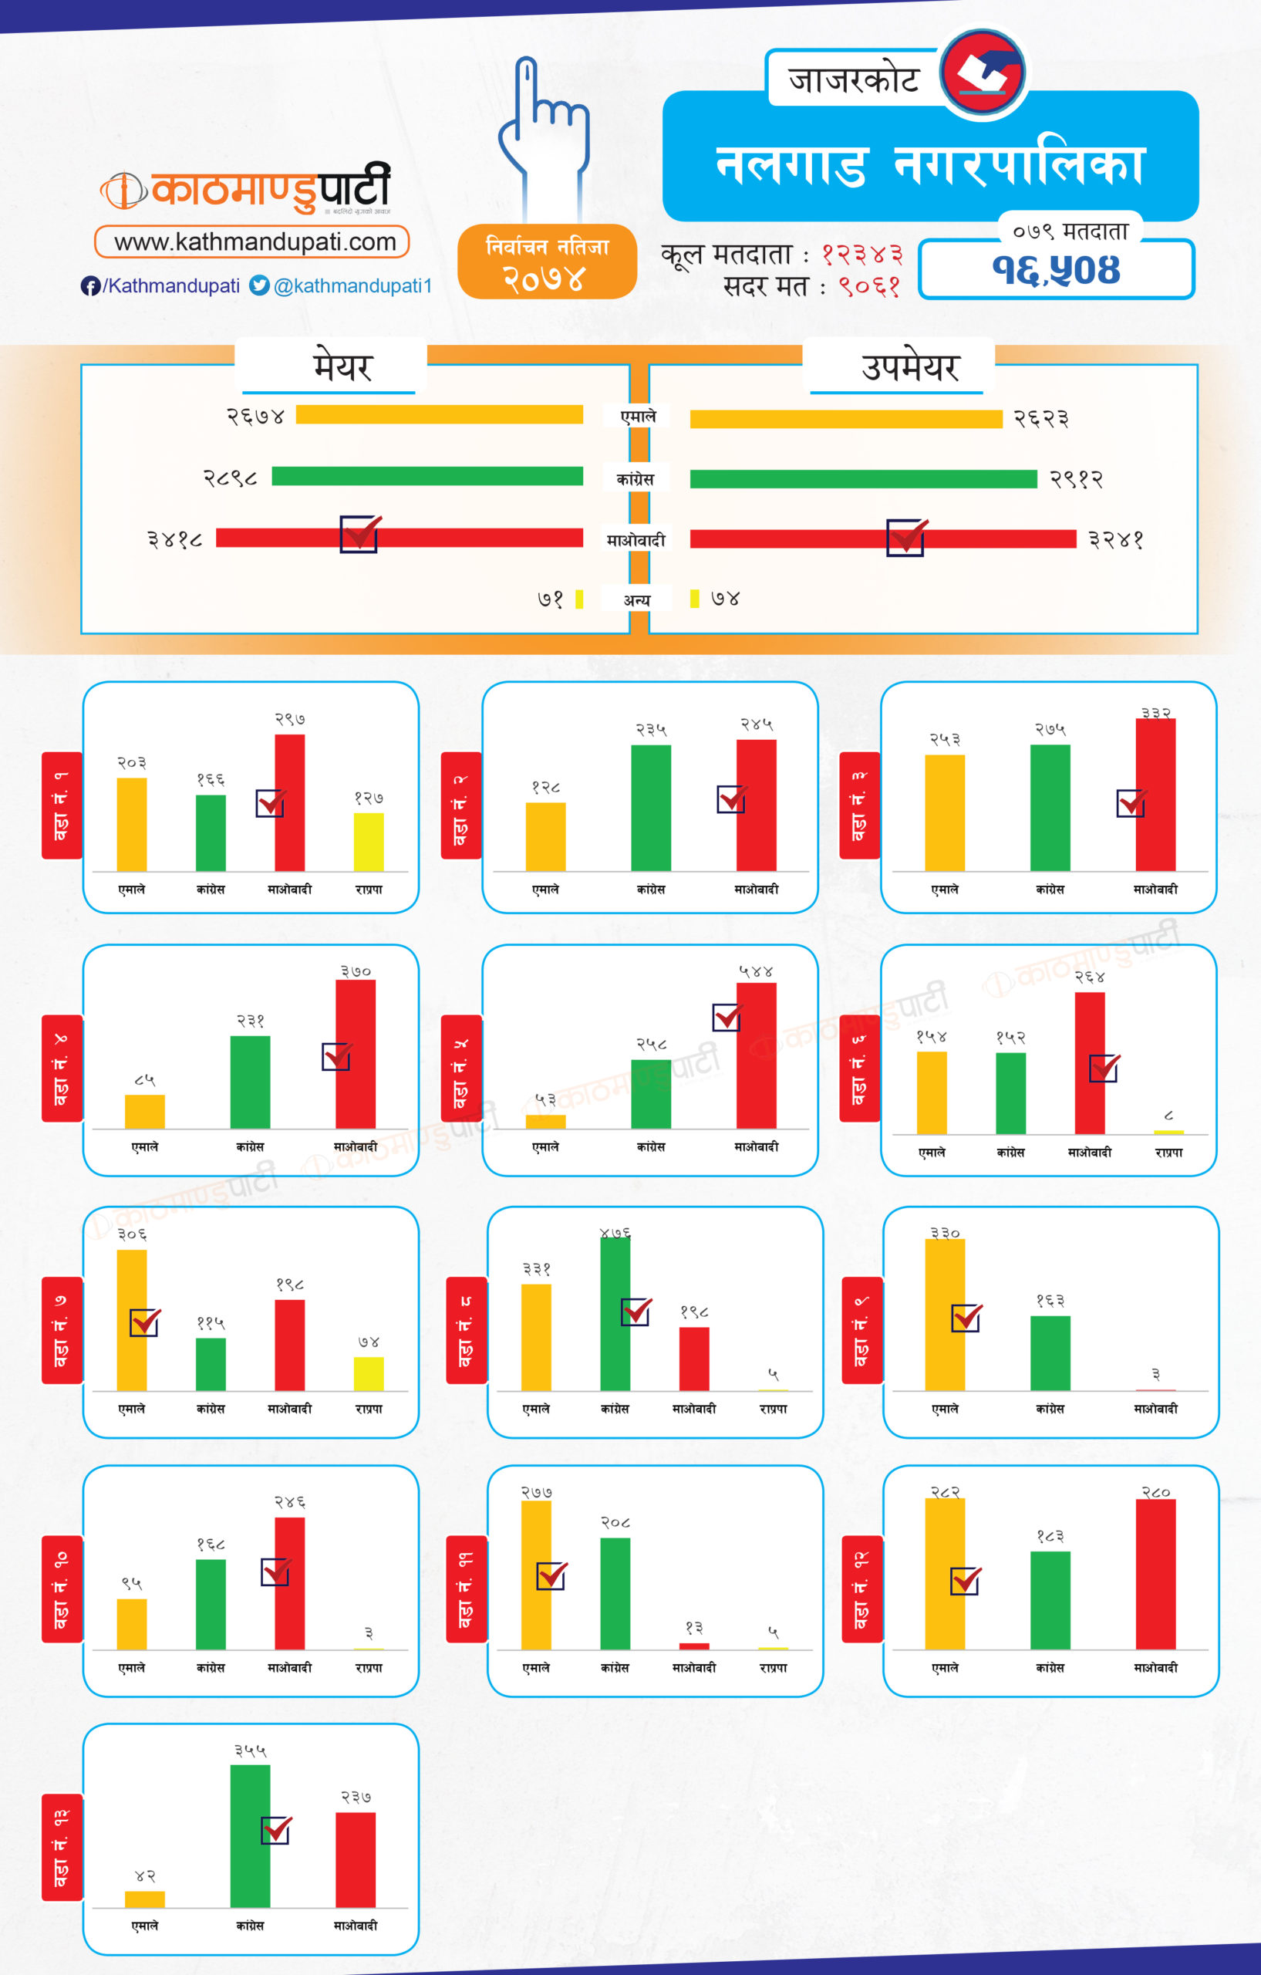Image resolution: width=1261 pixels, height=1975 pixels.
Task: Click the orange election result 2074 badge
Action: (547, 262)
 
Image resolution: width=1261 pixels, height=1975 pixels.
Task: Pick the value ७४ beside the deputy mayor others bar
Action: (725, 599)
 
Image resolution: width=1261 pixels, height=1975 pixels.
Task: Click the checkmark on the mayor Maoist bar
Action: (359, 534)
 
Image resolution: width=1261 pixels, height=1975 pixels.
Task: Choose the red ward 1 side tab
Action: (62, 805)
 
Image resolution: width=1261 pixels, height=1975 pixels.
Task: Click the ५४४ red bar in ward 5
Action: (756, 1056)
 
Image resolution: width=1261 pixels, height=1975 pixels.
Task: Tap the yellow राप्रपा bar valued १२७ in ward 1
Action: (369, 842)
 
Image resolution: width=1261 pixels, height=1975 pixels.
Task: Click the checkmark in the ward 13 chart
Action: (276, 1830)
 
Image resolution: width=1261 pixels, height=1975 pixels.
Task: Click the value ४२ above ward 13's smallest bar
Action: (145, 1875)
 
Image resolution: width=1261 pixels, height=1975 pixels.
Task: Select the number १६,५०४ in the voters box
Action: (1055, 270)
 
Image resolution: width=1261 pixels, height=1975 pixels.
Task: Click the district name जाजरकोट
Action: (853, 79)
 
